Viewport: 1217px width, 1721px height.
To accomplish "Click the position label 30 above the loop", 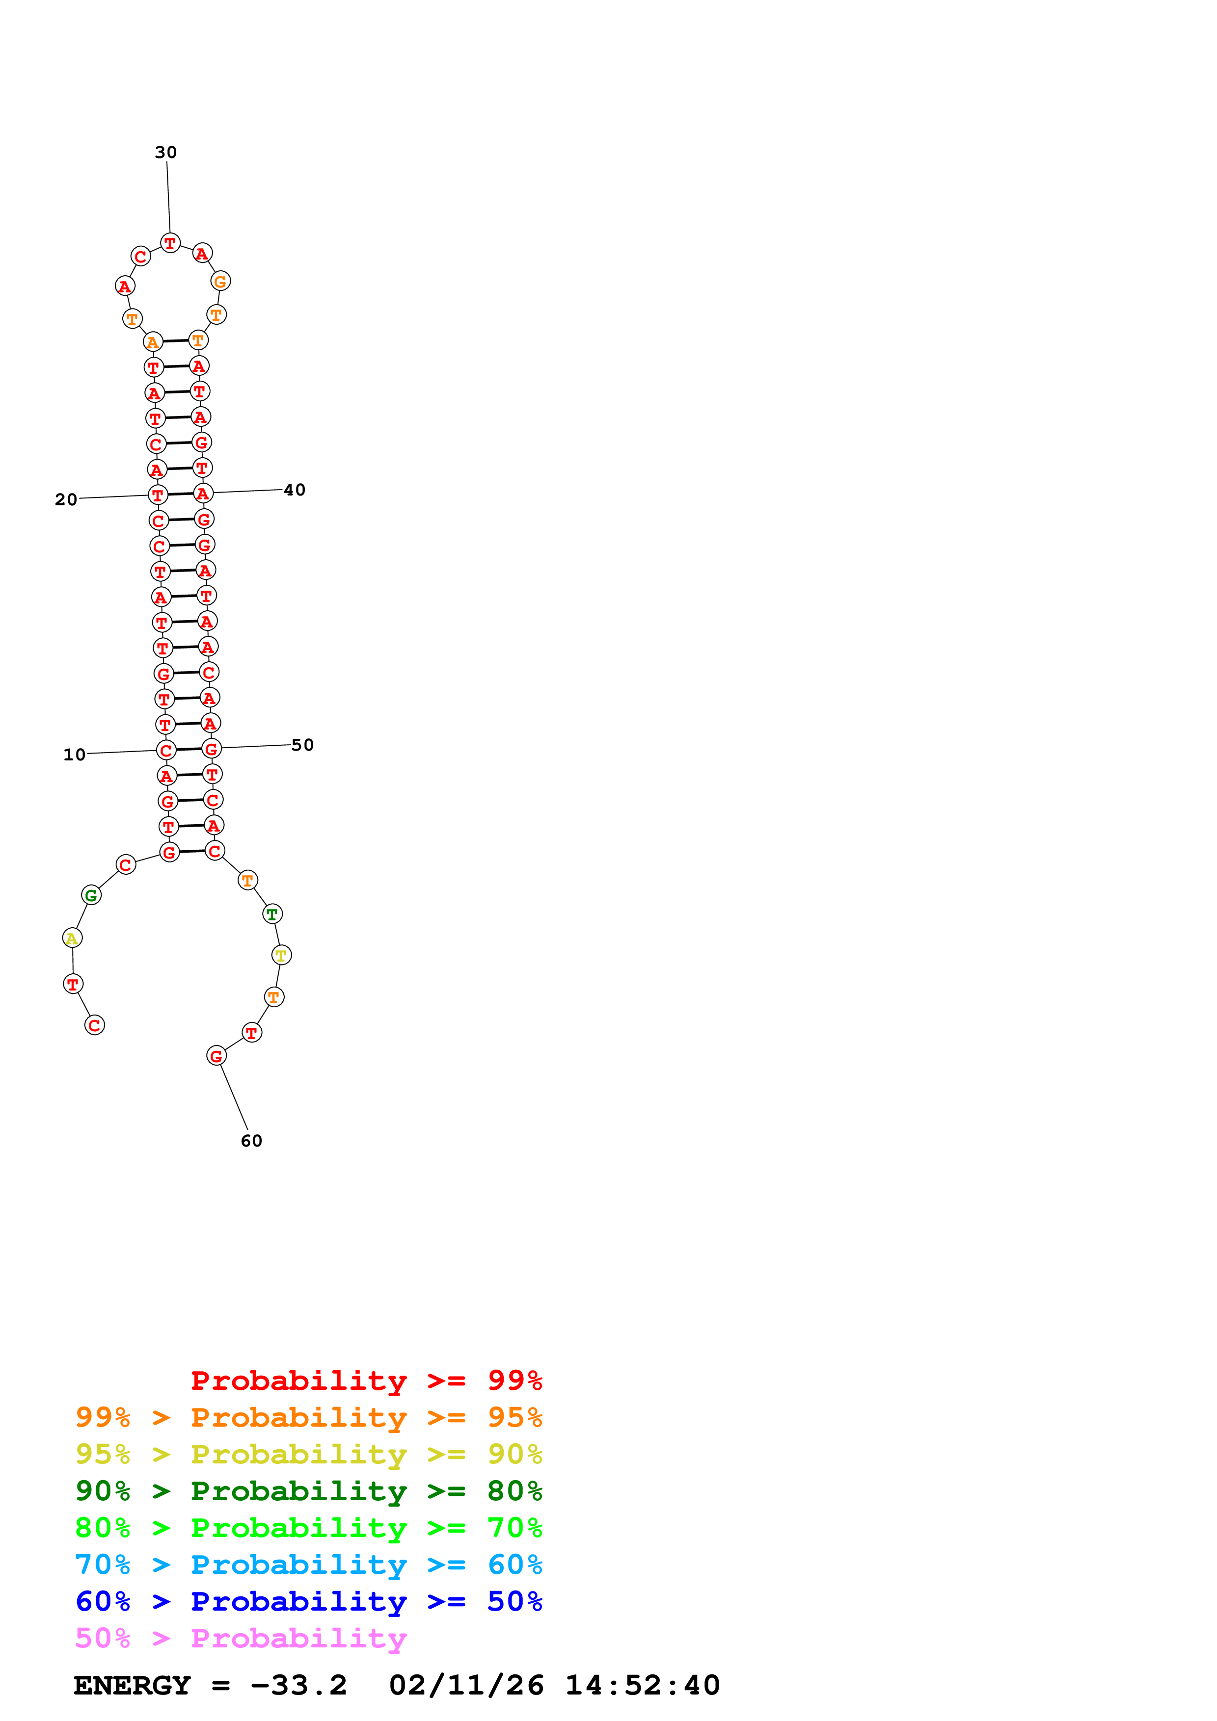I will (x=166, y=152).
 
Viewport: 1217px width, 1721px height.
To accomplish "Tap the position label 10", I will (x=74, y=755).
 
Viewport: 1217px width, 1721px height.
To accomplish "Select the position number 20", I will (x=66, y=499).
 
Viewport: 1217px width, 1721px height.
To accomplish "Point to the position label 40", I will (x=295, y=490).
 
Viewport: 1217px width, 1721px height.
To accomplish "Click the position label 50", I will (x=302, y=745).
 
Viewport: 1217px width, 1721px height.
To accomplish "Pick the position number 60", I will (x=251, y=1141).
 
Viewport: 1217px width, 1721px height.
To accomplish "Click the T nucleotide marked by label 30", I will (x=170, y=243).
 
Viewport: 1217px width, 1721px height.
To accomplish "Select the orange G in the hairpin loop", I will (x=220, y=281).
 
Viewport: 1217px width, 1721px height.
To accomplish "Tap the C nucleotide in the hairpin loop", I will (x=140, y=257).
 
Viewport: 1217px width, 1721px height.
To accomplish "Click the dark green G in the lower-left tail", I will (x=91, y=895).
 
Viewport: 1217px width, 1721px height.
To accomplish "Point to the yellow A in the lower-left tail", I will (x=72, y=938).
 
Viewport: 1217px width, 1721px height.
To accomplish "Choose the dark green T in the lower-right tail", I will (x=272, y=913).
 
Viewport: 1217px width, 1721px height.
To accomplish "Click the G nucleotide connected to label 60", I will (x=216, y=1056).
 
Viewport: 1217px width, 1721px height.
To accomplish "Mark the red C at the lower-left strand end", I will (x=94, y=1025).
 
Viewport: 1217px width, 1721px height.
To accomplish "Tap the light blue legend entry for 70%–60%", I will (x=308, y=1565).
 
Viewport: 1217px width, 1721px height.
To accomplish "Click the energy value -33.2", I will (x=298, y=1686).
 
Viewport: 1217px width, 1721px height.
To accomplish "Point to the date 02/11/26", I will (x=466, y=1686).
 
